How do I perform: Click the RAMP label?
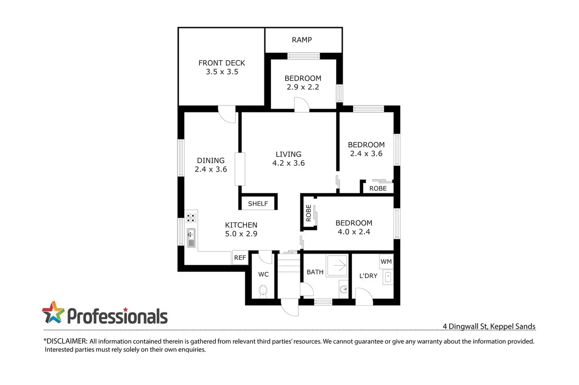point(302,40)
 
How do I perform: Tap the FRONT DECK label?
point(221,63)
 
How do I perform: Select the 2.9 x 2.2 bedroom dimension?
point(302,87)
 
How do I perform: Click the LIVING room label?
point(288,154)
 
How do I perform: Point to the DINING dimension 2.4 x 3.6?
point(210,169)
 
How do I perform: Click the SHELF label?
point(258,203)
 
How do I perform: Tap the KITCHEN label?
point(241,225)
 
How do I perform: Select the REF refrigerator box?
point(240,258)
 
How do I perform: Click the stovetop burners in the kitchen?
point(191,218)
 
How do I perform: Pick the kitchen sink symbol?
point(191,238)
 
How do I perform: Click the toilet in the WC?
point(263,291)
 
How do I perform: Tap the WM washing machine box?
point(386,262)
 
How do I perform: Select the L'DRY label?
point(368,276)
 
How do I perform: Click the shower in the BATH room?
point(337,265)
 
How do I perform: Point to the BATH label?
point(315,272)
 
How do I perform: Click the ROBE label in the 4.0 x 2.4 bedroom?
point(309,213)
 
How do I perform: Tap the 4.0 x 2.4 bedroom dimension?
point(354,232)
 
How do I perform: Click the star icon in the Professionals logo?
point(53,312)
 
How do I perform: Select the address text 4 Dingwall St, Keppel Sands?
point(489,326)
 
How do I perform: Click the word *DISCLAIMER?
point(65,341)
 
